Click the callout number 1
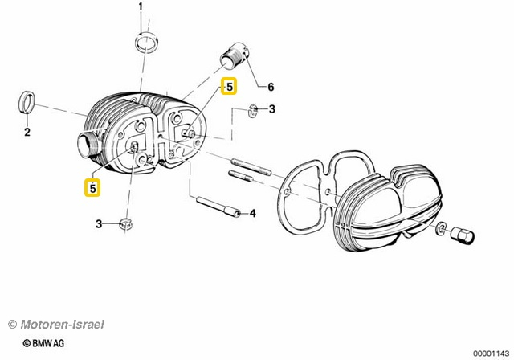point(140,8)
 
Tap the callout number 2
point(27,133)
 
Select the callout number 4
point(251,213)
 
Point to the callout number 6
point(270,86)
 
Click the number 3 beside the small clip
point(271,108)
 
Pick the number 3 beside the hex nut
point(99,223)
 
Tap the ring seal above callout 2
point(27,103)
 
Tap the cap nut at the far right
point(465,238)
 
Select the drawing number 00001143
point(489,353)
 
